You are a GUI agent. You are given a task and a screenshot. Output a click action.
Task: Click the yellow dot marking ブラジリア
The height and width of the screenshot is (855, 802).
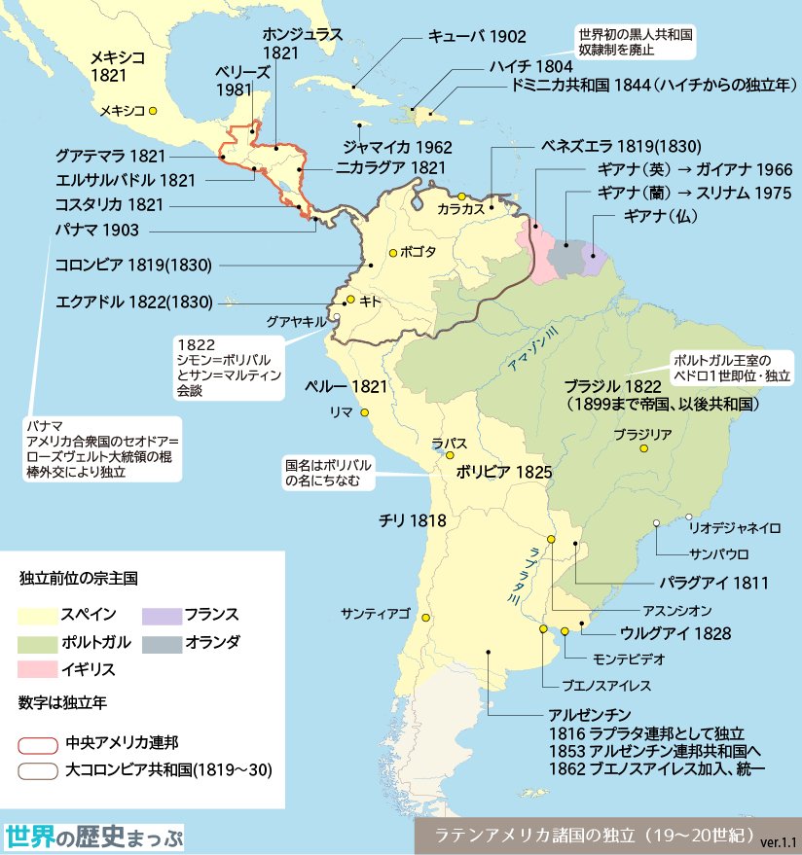tap(643, 448)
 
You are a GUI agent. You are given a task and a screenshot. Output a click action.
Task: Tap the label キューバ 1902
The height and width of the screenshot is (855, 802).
tap(477, 37)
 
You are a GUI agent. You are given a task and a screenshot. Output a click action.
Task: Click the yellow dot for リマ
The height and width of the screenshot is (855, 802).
tap(365, 413)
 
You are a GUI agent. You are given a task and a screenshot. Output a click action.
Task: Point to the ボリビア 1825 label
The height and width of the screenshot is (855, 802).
tap(504, 472)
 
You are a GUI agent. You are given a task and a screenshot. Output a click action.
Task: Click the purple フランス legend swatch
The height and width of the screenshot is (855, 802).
tap(157, 615)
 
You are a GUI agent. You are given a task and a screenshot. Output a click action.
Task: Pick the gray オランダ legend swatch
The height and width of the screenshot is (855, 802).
tap(157, 642)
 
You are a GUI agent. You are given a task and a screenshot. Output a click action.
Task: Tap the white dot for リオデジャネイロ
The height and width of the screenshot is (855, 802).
tap(689, 517)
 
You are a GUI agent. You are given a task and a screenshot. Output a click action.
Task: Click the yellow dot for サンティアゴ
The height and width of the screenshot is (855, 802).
tap(425, 618)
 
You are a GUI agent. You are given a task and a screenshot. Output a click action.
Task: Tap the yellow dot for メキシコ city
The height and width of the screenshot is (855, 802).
tap(153, 111)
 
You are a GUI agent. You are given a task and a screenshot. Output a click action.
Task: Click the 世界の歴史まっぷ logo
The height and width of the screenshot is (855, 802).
tap(93, 837)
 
